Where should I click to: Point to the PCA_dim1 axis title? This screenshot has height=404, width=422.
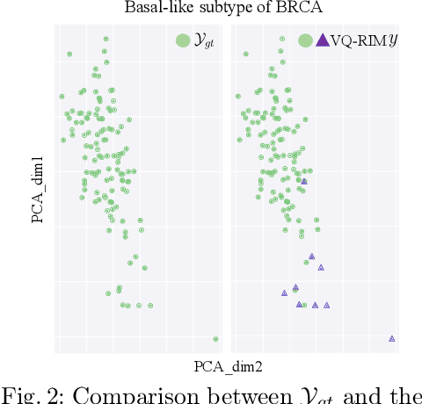coord(38,190)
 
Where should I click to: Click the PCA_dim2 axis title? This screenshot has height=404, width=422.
coord(228,367)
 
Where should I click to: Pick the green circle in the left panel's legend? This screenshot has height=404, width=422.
coord(182,40)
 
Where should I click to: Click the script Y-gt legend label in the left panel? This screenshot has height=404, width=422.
coord(203,40)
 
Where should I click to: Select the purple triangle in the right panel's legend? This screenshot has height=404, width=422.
coord(322,40)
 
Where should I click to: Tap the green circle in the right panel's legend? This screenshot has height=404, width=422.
coord(305,40)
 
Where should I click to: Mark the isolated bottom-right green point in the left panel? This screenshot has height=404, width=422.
coord(215,338)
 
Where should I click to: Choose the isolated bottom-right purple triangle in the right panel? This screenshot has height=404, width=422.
coord(392,338)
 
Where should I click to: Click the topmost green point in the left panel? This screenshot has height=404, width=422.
coord(105,39)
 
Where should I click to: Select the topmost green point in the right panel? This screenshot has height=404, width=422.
coord(281,39)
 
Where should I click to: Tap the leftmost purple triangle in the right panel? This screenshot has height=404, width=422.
coord(284,292)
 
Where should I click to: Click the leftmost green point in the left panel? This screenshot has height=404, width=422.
coord(62,96)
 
